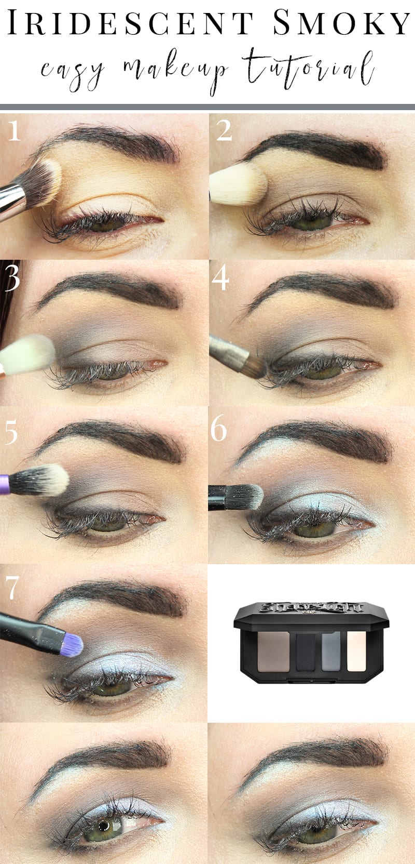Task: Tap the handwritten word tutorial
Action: click(x=310, y=68)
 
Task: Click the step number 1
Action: click(x=14, y=131)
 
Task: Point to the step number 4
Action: click(x=220, y=280)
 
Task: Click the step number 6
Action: click(x=218, y=430)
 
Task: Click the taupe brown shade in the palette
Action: click(x=273, y=653)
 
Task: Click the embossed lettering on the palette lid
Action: click(x=311, y=607)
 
